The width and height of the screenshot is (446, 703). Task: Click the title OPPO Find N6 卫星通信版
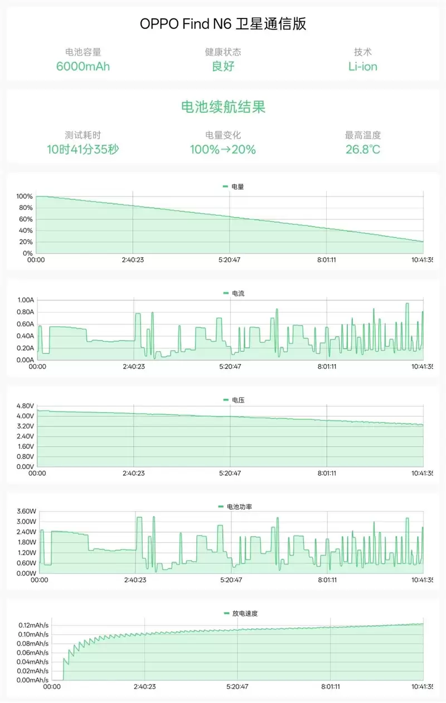223,24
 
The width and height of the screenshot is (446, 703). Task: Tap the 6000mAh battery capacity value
83,66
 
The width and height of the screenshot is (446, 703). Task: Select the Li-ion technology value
362,66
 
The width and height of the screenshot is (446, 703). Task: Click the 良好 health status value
223,66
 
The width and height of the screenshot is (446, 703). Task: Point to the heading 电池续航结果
223,107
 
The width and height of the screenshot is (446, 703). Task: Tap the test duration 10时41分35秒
83,150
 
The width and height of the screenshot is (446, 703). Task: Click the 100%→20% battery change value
223,150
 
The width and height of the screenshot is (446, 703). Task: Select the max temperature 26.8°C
362,150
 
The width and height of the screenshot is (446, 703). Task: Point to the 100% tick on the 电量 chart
25,197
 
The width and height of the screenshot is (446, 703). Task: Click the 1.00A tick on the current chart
26,300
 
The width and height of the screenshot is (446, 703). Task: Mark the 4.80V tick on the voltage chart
26,406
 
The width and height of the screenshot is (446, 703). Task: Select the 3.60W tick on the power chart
27,511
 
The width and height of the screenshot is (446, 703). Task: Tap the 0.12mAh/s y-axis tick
33,625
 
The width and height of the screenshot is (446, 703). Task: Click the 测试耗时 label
83,135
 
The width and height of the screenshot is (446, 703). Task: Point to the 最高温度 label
362,135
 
